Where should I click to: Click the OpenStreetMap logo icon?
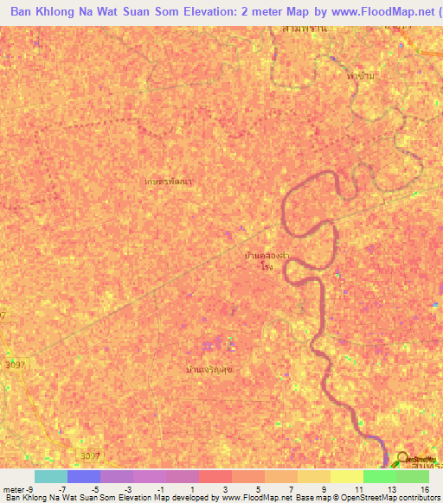(x=402, y=458)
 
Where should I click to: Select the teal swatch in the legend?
(x=50, y=476)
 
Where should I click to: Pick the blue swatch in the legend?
(x=83, y=476)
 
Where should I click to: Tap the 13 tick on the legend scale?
(x=394, y=489)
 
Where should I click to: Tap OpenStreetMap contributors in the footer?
(x=388, y=498)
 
